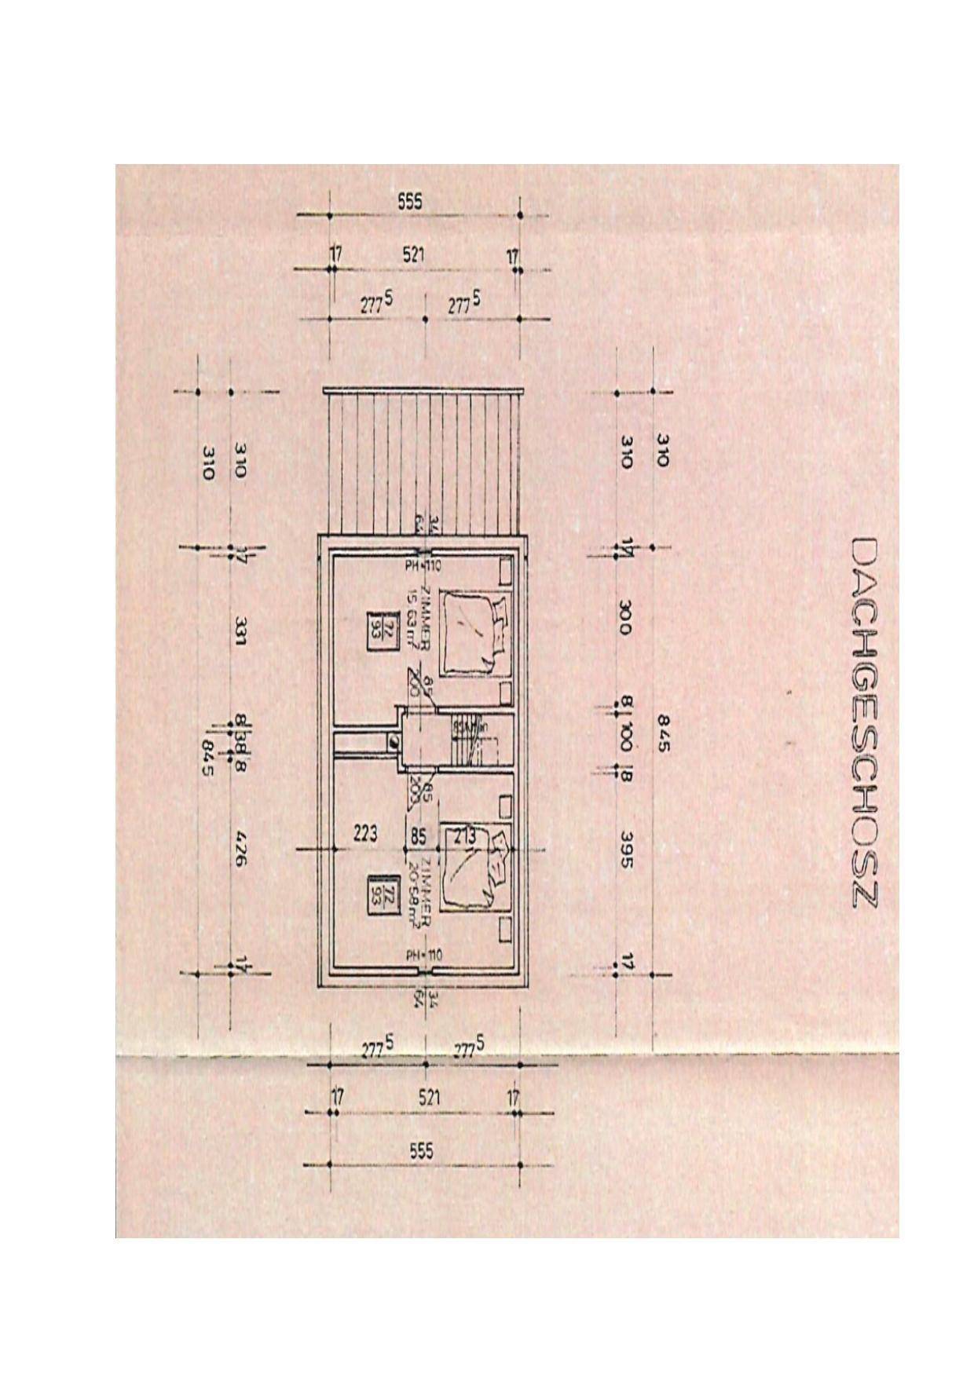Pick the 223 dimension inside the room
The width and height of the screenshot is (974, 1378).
pyautogui.click(x=365, y=832)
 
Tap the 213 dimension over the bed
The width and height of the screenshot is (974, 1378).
pyautogui.click(x=464, y=837)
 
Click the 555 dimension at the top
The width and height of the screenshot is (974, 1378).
pyautogui.click(x=409, y=202)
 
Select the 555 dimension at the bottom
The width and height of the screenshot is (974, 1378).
pyautogui.click(x=421, y=1151)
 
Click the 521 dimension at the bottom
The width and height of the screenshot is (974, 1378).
pyautogui.click(x=429, y=1098)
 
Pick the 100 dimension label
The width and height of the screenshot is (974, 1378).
pyautogui.click(x=625, y=737)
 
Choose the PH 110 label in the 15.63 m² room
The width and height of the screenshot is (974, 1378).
pyautogui.click(x=424, y=565)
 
